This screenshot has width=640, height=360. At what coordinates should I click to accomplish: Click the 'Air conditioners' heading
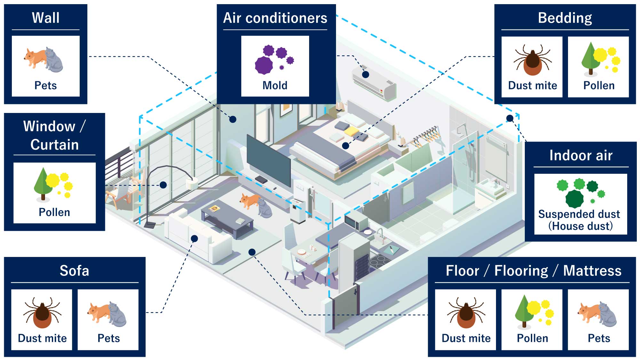(275, 18)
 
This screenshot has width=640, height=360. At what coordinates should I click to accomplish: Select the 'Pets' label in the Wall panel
(45, 85)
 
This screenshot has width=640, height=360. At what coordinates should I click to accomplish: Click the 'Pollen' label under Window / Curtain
(54, 212)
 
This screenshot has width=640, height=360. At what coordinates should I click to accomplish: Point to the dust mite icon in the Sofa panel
(42, 314)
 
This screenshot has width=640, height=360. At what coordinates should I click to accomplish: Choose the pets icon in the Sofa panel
(108, 314)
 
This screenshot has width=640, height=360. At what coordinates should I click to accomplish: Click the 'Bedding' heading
(565, 18)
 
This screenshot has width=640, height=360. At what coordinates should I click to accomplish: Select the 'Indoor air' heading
(581, 156)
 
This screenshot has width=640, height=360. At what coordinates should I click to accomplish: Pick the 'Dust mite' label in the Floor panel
(466, 338)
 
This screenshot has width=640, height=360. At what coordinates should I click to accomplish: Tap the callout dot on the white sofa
(194, 238)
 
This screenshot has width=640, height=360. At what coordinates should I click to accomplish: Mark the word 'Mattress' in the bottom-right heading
(592, 271)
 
